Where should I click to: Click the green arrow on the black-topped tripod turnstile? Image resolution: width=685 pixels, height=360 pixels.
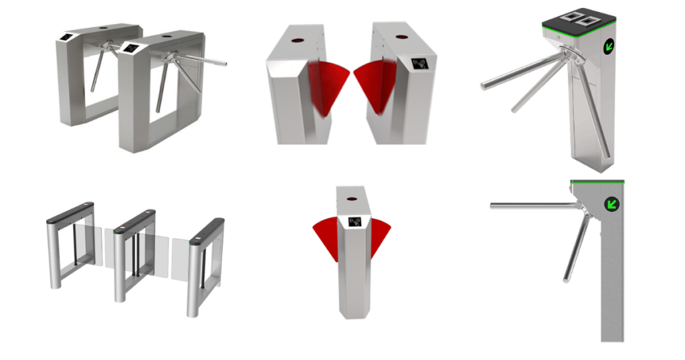[x=609, y=47]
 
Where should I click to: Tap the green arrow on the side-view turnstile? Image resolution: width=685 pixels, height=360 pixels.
[x=611, y=203]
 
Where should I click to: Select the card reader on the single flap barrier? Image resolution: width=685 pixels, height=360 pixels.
[x=352, y=221]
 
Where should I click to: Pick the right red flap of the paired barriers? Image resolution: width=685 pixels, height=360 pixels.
[x=378, y=84]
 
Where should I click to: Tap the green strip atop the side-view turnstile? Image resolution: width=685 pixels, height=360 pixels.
[x=597, y=181]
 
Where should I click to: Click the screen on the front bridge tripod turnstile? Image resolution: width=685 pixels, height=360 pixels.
[x=130, y=48]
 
